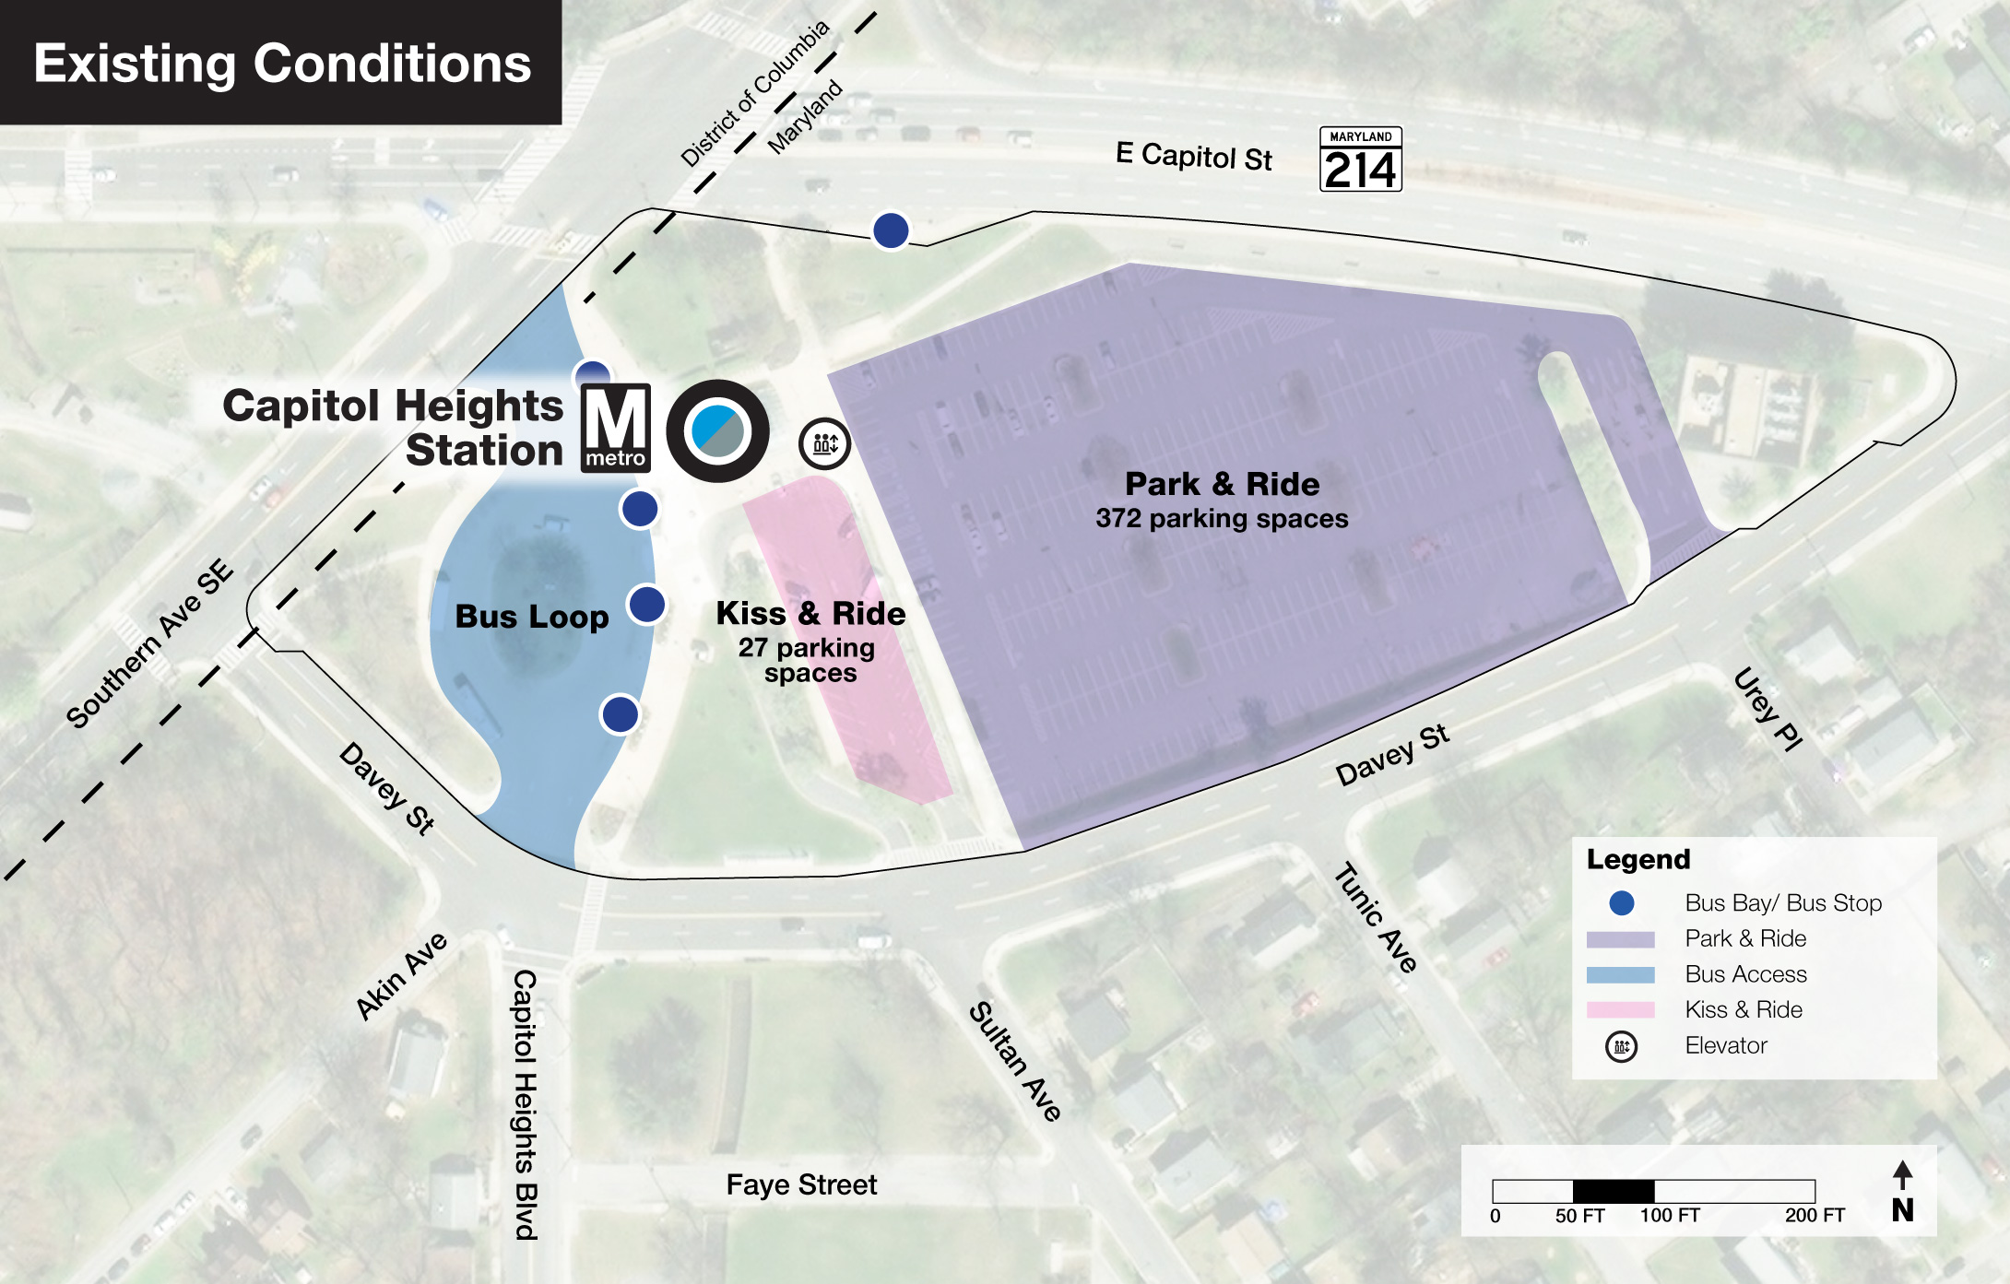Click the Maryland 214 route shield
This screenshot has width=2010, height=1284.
pos(1360,159)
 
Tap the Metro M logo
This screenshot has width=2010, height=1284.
pos(615,428)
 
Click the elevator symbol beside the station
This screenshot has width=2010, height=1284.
pos(824,443)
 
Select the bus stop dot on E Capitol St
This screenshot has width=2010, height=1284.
pos(891,230)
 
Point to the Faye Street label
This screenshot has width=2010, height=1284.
pos(801,1184)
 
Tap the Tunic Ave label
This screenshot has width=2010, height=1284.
pos(1376,917)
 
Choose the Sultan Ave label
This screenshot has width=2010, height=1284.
pos(1015,1060)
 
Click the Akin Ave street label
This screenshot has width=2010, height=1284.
pos(402,975)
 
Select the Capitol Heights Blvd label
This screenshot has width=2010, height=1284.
pos(525,1103)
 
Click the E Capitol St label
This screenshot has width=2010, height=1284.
pos(1193,156)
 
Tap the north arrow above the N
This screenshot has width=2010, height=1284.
pos(1902,1174)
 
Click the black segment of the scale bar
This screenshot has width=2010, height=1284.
pos(1613,1190)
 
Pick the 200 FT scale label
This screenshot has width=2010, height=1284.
pos(1814,1216)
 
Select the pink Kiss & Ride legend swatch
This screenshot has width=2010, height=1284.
pos(1620,1010)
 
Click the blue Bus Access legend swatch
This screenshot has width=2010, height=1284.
pos(1620,974)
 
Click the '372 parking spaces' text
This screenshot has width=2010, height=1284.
pos(1222,518)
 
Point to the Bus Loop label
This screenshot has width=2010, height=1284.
pos(532,616)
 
